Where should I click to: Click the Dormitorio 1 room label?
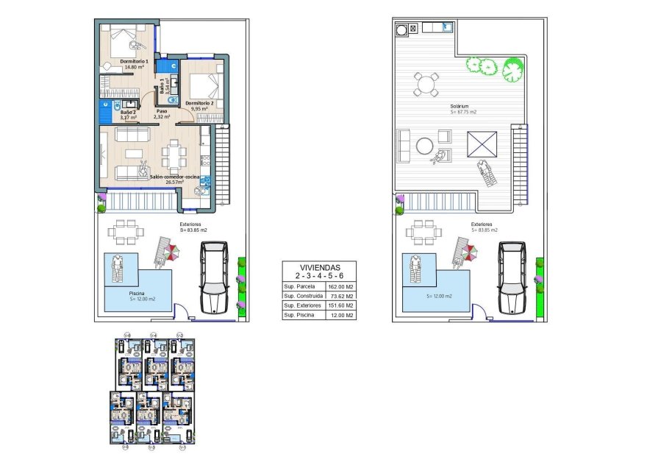135,61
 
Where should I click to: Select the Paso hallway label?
161,110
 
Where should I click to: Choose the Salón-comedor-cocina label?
174,177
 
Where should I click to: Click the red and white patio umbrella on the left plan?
171,252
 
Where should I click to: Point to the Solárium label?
460,106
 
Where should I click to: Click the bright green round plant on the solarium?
512,71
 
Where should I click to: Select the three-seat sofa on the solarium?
404,146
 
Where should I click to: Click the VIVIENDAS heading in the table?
319,268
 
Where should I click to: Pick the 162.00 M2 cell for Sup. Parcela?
340,286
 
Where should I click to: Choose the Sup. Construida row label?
301,296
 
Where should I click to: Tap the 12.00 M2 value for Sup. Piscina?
340,315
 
